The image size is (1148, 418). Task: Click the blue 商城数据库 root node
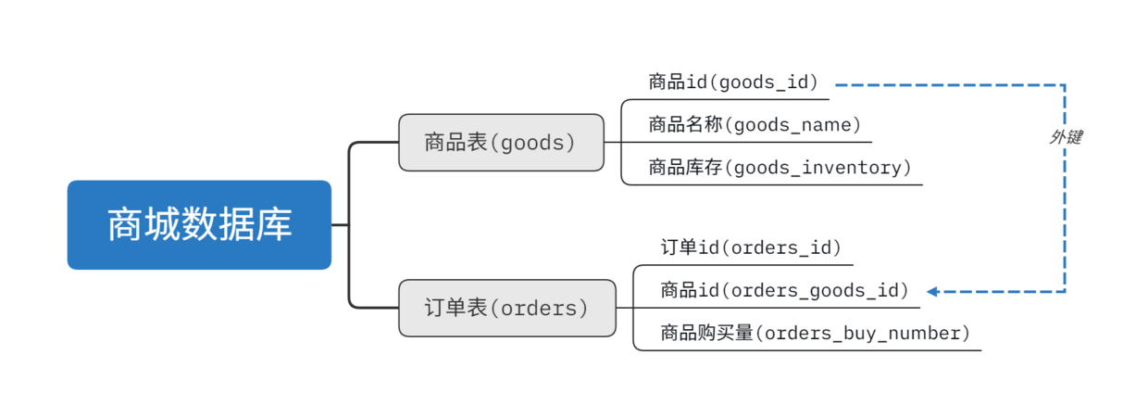tap(199, 225)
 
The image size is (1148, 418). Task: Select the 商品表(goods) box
tap(501, 143)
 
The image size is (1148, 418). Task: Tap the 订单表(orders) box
tap(507, 308)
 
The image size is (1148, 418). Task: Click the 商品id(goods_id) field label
tap(734, 82)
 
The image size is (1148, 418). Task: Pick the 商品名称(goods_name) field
tap(755, 124)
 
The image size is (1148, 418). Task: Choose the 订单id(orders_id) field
tap(751, 247)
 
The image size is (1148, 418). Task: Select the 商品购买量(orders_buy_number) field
tap(816, 333)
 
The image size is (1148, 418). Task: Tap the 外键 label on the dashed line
tap(1066, 137)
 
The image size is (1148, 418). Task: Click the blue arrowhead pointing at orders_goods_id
tap(933, 291)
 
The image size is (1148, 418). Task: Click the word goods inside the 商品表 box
tap(532, 143)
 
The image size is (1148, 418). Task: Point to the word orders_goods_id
tap(815, 290)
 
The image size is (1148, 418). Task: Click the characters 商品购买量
tap(707, 333)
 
